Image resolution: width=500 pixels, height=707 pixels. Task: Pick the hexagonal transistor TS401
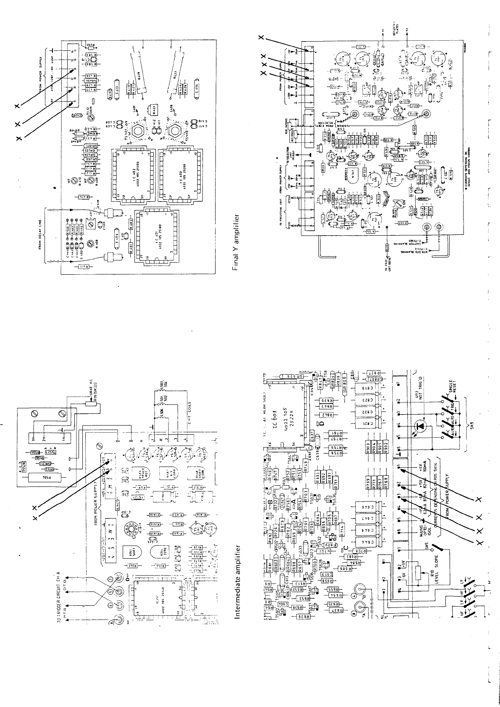tap(138, 132)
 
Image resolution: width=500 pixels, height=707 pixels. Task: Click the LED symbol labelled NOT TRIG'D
tap(421, 426)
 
